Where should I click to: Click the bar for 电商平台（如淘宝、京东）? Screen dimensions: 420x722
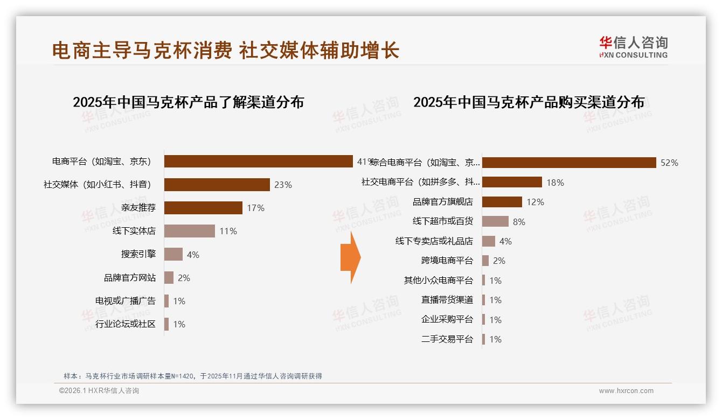(259, 162)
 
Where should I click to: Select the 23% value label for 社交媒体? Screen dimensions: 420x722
(283, 185)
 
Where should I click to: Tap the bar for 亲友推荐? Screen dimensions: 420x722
(203, 208)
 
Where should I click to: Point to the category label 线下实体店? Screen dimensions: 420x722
(134, 231)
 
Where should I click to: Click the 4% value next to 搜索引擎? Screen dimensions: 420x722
(193, 255)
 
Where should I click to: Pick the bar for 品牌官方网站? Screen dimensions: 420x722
(169, 278)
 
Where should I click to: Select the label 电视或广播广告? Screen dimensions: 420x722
(125, 301)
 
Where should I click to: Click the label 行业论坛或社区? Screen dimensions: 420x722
(125, 324)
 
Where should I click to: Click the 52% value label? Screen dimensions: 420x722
(669, 163)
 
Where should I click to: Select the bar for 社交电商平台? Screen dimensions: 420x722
(512, 182)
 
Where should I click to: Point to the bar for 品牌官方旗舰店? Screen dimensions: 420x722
(502, 202)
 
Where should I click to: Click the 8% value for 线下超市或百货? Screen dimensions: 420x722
(519, 222)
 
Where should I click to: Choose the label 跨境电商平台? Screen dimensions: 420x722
(447, 261)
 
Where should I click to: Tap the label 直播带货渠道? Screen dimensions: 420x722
(447, 300)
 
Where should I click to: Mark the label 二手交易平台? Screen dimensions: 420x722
(447, 339)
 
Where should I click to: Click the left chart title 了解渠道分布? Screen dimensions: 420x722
(188, 102)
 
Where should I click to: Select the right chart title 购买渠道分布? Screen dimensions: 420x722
(529, 102)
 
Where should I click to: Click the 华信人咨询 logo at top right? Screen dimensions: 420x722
(633, 47)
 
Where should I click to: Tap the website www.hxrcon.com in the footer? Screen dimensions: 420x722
(626, 391)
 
